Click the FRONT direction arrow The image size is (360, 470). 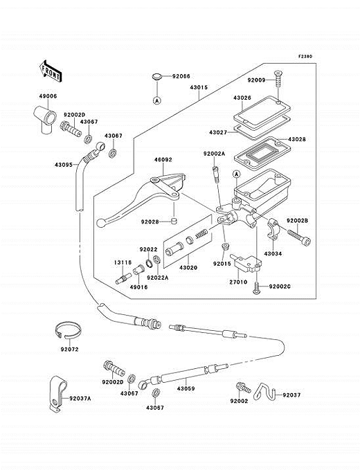click(x=51, y=71)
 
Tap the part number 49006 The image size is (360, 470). click(x=48, y=96)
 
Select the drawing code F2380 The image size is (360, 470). click(x=305, y=56)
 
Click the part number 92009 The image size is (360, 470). click(x=256, y=80)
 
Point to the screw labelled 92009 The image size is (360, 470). click(x=278, y=78)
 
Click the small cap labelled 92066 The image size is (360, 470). click(x=156, y=77)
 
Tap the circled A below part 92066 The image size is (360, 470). click(x=156, y=101)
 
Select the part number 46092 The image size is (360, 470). click(x=163, y=160)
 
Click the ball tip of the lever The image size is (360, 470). click(x=100, y=223)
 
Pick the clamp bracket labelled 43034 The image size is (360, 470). click(x=273, y=230)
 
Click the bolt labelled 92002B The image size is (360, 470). click(x=299, y=237)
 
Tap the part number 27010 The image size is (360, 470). click(x=238, y=282)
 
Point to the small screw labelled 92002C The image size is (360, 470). click(x=256, y=287)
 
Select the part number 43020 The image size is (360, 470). click(x=188, y=268)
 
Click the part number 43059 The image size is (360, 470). click(x=186, y=389)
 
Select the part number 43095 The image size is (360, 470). click(x=64, y=165)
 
